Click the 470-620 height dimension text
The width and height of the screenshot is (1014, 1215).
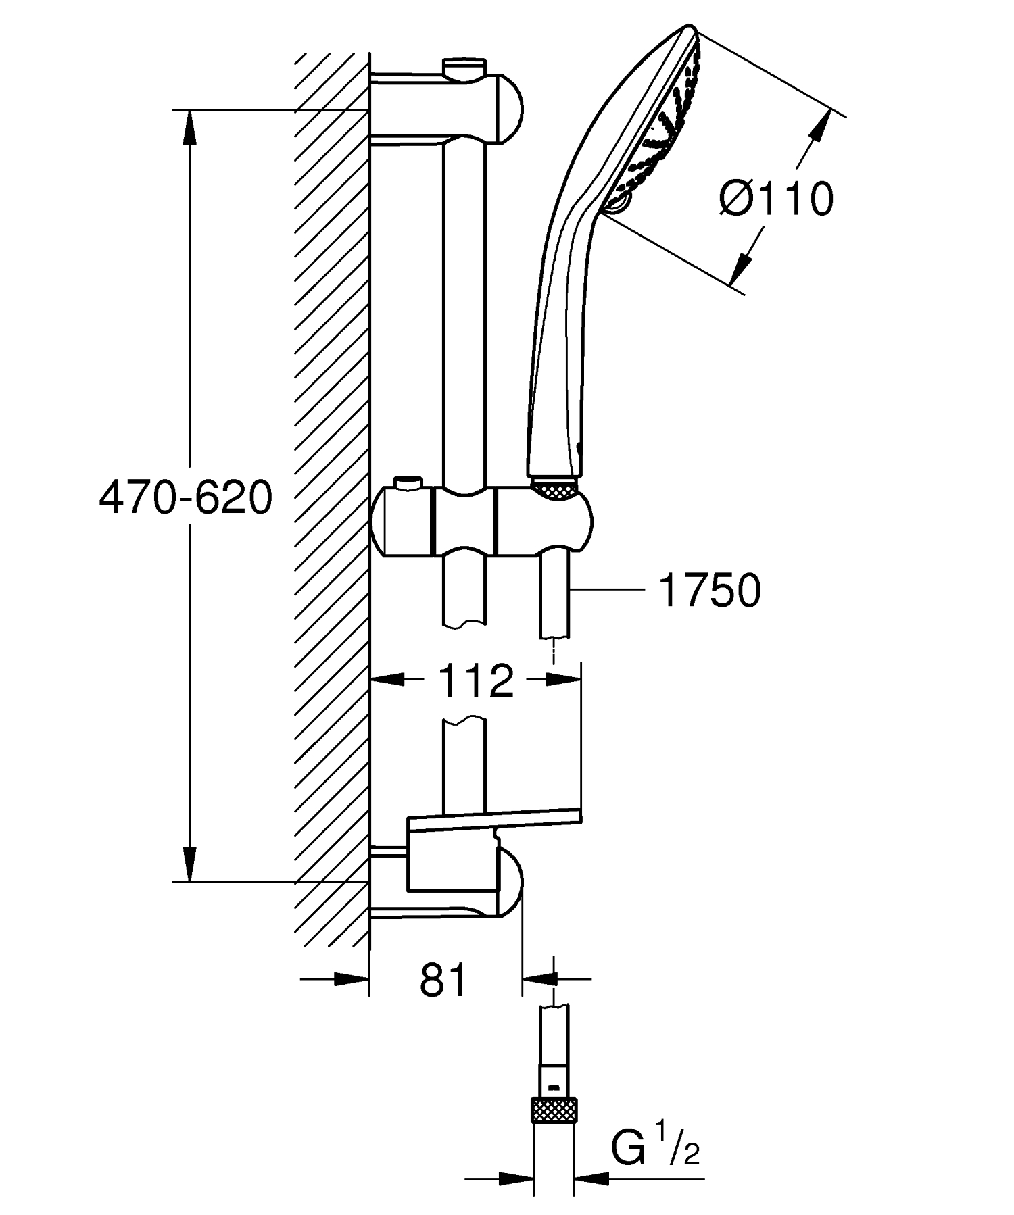pos(186,499)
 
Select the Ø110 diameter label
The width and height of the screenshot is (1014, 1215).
pos(777,200)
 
